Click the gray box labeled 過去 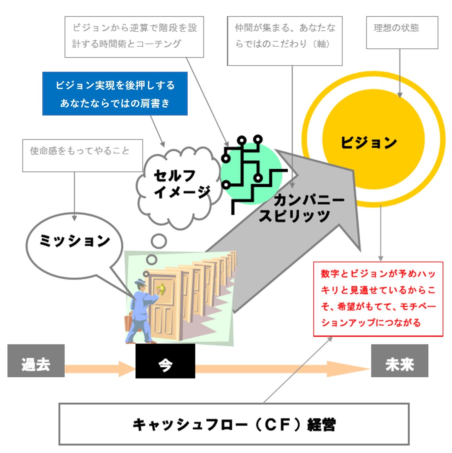coord(36,361)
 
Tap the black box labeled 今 coord(165,361)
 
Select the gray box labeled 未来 coord(399,361)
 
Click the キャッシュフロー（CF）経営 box coord(234,424)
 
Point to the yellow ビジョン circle coord(373,139)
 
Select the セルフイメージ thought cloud coord(179,185)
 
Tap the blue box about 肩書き coord(115,94)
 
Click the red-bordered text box coord(378,298)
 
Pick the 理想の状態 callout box coord(402,33)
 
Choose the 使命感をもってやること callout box coord(82,155)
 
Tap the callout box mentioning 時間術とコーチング coord(134,37)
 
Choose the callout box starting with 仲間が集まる coord(284,41)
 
